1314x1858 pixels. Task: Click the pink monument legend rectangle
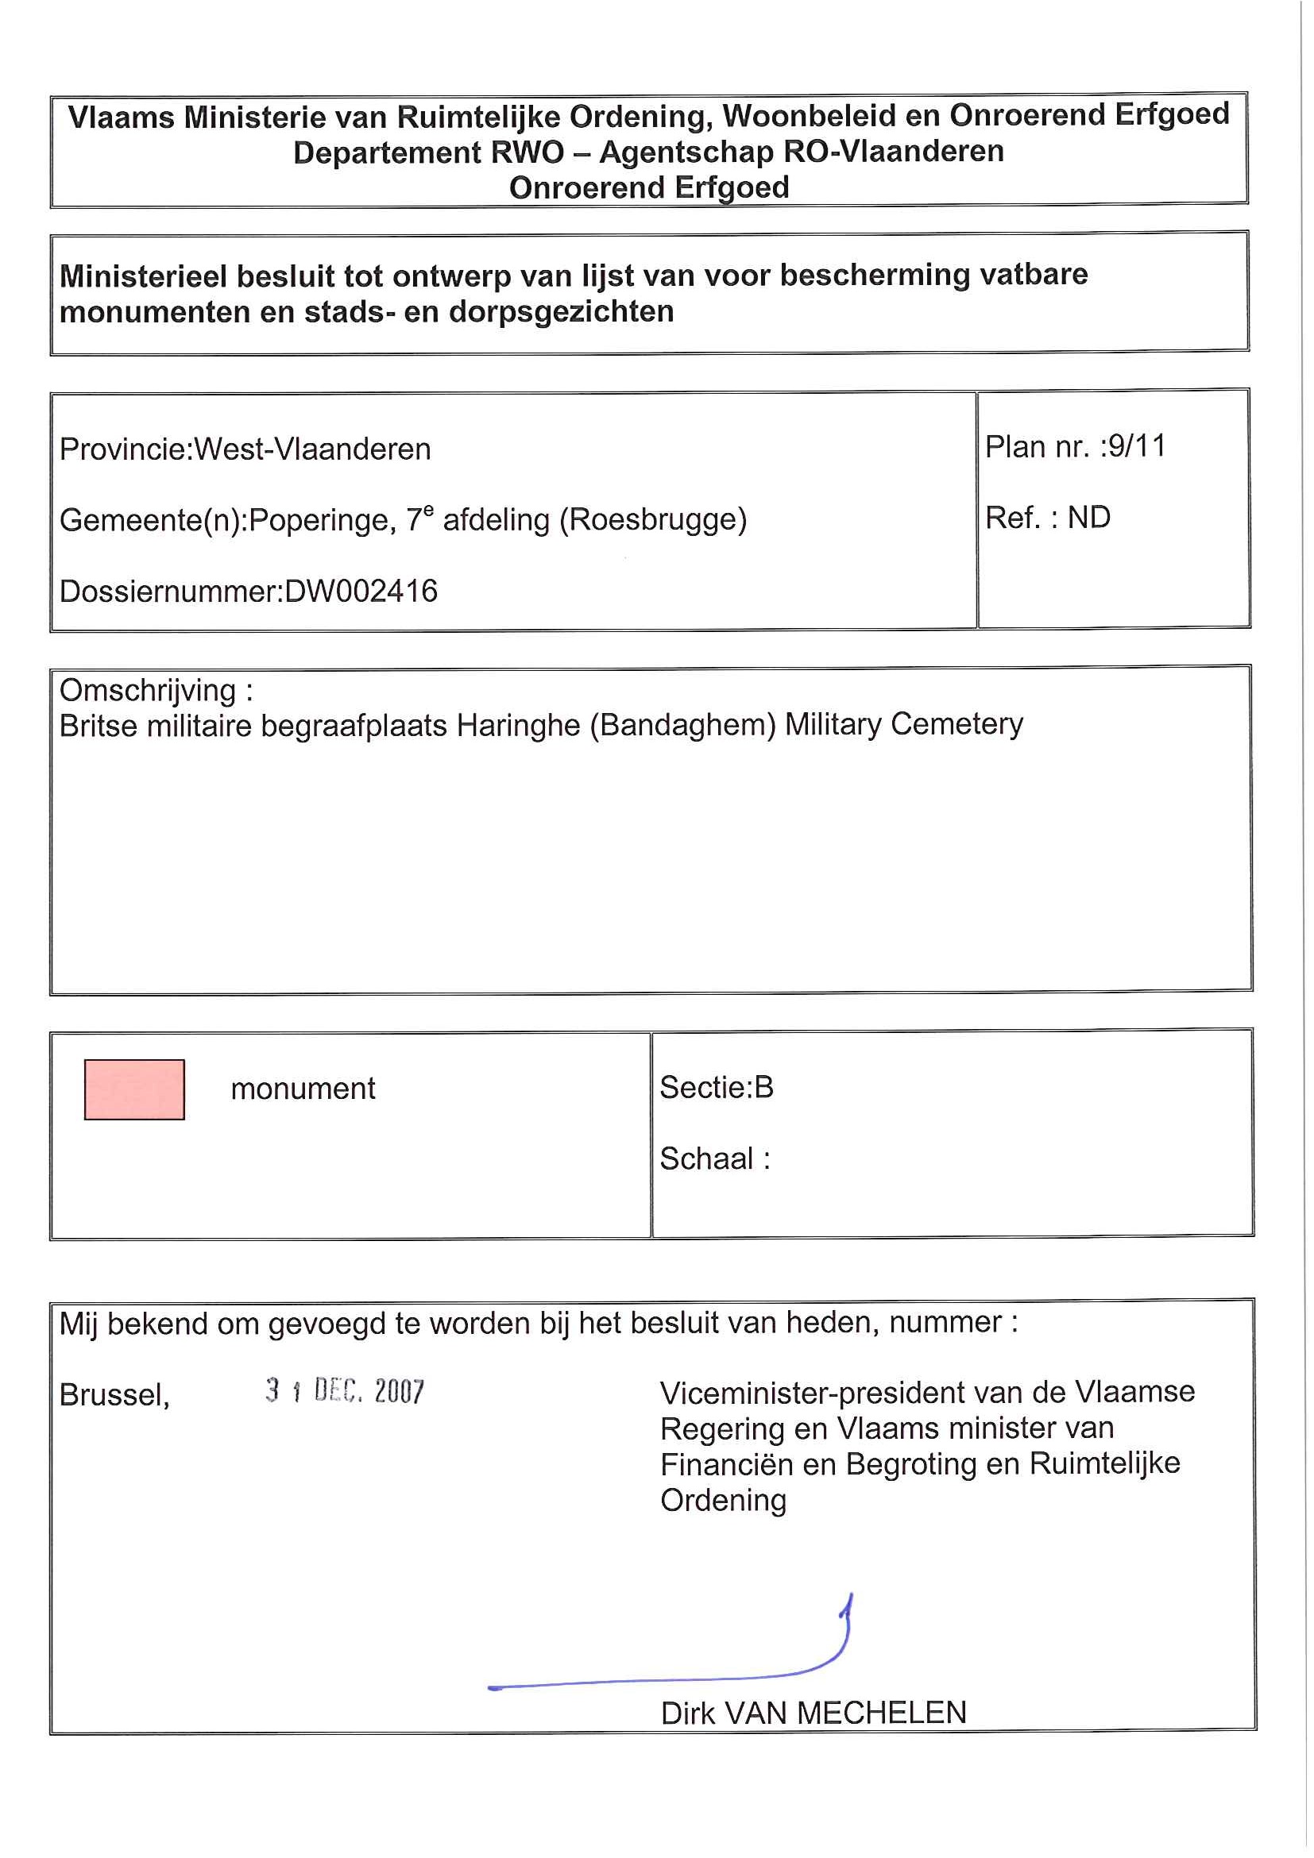pyautogui.click(x=134, y=1089)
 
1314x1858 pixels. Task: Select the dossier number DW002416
pyautogui.click(x=361, y=592)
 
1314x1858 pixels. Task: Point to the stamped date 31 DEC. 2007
pyautogui.click(x=345, y=1391)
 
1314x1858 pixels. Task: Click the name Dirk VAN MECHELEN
pyautogui.click(x=814, y=1713)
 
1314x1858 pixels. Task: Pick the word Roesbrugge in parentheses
pyautogui.click(x=652, y=519)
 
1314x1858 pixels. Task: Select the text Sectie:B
pyautogui.click(x=717, y=1087)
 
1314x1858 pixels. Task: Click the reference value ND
pyautogui.click(x=1089, y=518)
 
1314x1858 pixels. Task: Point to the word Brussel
pyautogui.click(x=114, y=1395)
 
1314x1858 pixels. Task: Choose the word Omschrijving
pyautogui.click(x=148, y=690)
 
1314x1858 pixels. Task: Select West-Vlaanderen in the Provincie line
pyautogui.click(x=312, y=449)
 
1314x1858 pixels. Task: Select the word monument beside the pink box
pyautogui.click(x=303, y=1089)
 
